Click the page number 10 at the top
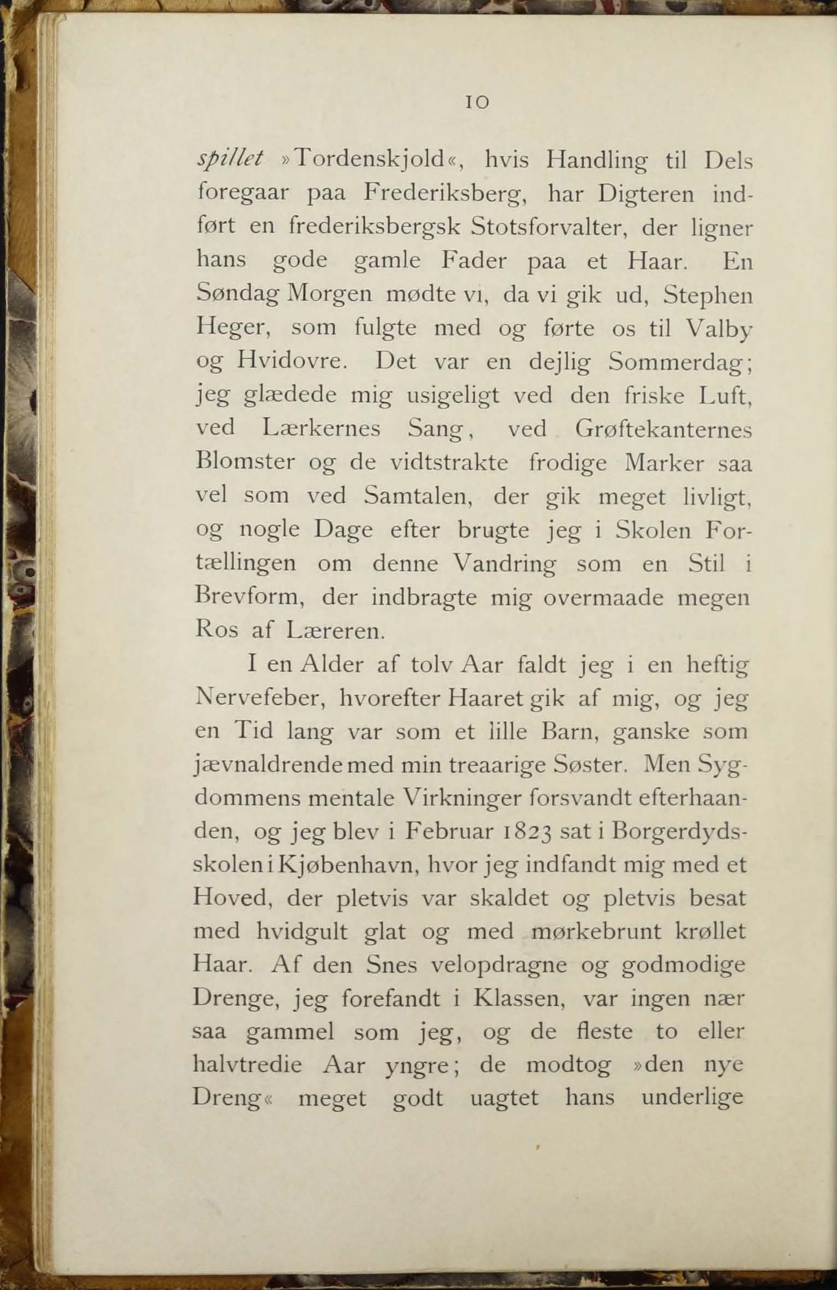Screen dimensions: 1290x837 477,102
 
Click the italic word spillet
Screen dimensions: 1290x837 231,159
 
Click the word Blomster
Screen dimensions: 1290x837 245,462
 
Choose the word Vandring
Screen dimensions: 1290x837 504,564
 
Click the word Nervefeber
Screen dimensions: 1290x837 258,699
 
